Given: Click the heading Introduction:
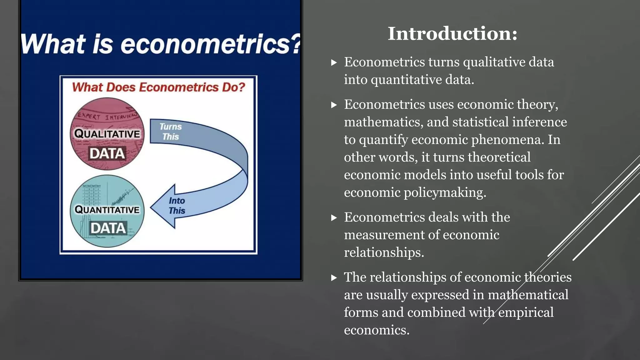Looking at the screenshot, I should coord(452,33).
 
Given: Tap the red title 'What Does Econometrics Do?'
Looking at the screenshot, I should coord(158,87).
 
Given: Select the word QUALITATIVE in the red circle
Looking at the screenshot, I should coord(107,134).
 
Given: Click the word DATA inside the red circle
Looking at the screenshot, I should coord(107,153).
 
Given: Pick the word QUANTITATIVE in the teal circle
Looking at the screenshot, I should coord(107,209).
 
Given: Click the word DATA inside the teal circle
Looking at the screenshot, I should coord(108,228).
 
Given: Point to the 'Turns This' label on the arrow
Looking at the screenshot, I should coord(170,132).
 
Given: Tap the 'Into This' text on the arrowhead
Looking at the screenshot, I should coord(177,206).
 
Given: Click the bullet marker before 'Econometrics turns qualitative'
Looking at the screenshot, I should coord(334,62).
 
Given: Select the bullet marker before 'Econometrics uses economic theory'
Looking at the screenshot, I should coord(334,105).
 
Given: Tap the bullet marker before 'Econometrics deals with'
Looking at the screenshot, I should coord(334,217).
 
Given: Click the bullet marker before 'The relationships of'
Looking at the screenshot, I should coord(334,277).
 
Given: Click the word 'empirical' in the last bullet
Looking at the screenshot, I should coord(526,312).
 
